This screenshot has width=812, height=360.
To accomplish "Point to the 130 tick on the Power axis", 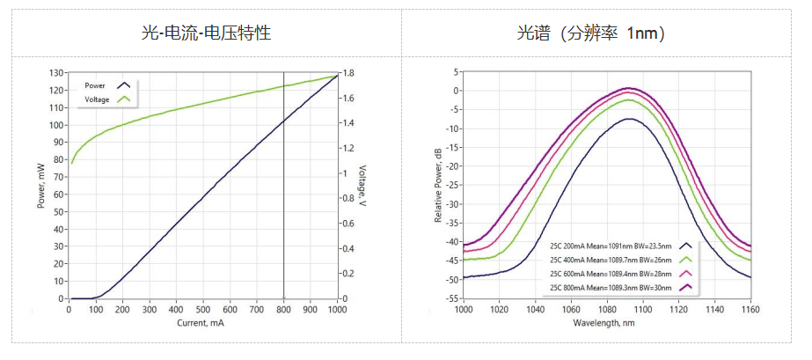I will click(x=56, y=73).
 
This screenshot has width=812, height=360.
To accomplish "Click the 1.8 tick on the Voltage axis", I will click(x=349, y=73).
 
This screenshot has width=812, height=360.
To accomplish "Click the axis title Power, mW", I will click(x=40, y=186).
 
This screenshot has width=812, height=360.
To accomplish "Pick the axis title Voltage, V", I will click(x=362, y=186).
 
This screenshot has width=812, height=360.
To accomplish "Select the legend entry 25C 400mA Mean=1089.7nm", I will click(x=610, y=261).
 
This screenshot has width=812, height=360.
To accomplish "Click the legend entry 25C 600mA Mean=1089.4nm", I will click(x=610, y=274).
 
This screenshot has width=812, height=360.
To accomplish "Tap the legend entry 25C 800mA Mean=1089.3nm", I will click(x=610, y=287).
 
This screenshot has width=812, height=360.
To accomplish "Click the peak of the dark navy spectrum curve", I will click(x=628, y=119).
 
